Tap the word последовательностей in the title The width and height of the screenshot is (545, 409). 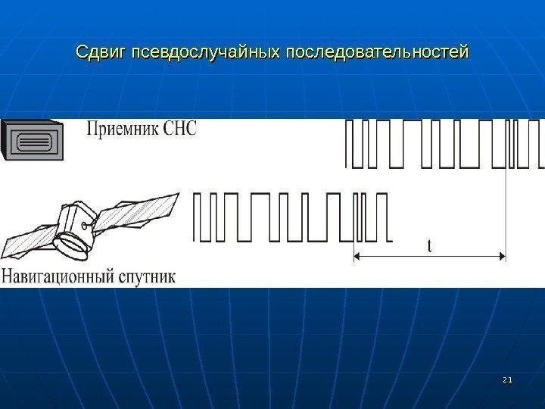click(x=378, y=53)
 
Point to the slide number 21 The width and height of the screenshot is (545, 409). click(x=508, y=378)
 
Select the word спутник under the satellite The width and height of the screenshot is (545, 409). click(x=147, y=276)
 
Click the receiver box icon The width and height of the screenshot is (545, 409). click(x=35, y=140)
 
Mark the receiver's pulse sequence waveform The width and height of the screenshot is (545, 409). click(x=443, y=143)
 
